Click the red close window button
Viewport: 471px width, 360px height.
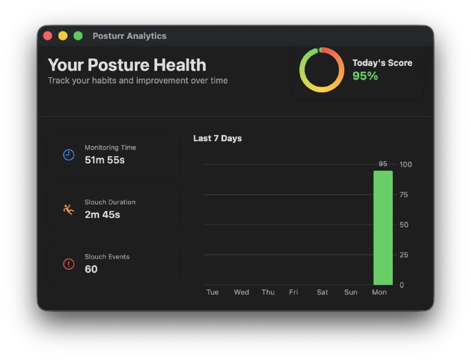(x=48, y=36)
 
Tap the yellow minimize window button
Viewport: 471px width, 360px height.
(x=63, y=36)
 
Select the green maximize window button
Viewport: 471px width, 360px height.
(x=78, y=36)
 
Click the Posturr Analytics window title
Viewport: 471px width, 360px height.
(x=130, y=36)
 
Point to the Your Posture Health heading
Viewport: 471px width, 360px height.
(x=127, y=65)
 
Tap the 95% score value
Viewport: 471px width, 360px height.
(x=365, y=76)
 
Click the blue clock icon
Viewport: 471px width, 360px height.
(x=69, y=155)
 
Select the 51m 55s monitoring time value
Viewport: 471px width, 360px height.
(x=105, y=160)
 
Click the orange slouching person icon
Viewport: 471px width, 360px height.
(x=69, y=209)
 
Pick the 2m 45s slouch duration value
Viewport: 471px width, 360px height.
(x=102, y=214)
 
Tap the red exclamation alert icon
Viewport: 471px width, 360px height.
(x=69, y=264)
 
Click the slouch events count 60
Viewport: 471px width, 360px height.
(x=91, y=269)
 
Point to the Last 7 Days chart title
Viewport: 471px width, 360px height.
(x=217, y=138)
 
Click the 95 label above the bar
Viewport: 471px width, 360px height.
(x=383, y=164)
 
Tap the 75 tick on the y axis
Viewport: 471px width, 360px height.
(x=404, y=194)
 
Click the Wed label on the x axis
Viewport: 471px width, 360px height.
(x=241, y=292)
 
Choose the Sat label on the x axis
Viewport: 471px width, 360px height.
(x=322, y=292)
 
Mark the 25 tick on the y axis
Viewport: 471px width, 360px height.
(x=404, y=255)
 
